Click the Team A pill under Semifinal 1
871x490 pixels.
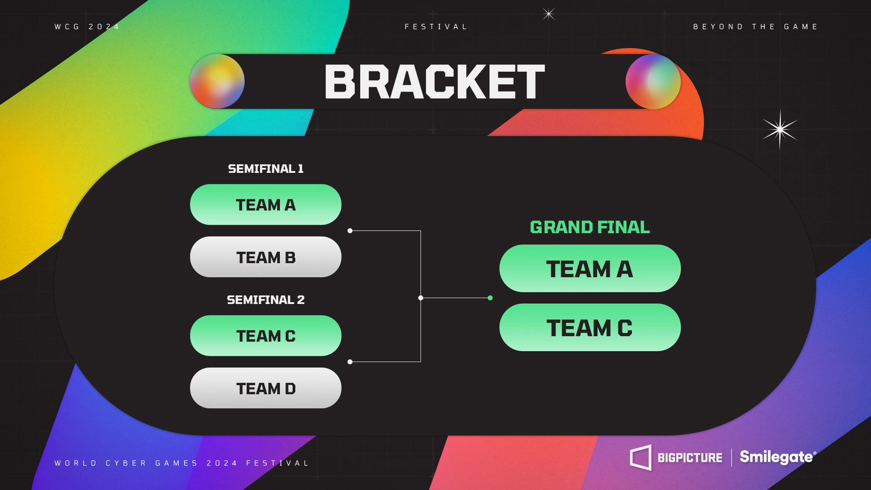point(265,205)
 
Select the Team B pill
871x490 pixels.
point(265,257)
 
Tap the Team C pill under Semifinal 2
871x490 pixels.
point(265,336)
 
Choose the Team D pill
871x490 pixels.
point(265,388)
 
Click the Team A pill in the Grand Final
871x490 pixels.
point(590,269)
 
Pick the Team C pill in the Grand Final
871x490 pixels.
point(590,328)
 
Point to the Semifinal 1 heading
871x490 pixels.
point(265,169)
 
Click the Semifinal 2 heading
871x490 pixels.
point(265,300)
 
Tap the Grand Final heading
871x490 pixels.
point(590,227)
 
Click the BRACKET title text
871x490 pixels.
point(435,82)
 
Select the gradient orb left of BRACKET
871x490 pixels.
point(217,82)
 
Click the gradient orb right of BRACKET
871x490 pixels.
point(653,82)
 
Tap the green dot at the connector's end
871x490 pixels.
point(490,298)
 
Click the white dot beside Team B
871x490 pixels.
point(350,231)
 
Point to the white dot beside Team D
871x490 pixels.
point(350,362)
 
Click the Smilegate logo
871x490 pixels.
point(778,457)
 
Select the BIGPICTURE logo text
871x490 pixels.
point(690,458)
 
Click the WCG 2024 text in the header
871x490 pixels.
point(87,27)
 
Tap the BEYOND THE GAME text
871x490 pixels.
point(755,27)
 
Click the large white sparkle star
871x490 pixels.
point(780,130)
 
